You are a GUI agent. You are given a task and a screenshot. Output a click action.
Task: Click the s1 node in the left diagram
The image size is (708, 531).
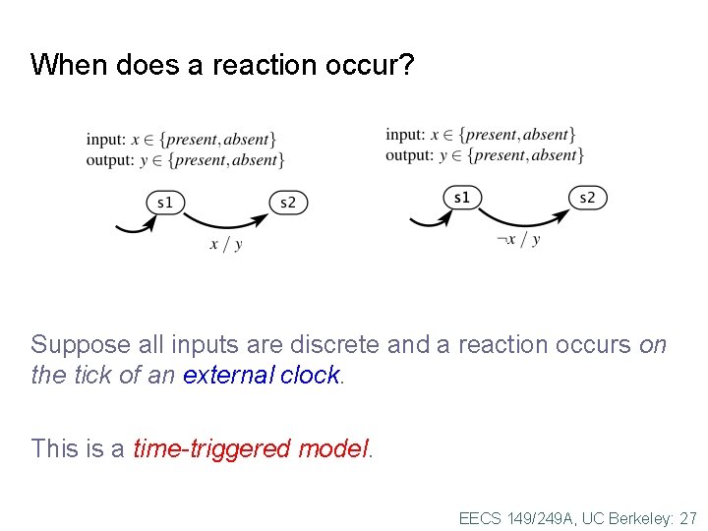165,203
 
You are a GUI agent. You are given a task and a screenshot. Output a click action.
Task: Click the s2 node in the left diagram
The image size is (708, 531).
288,203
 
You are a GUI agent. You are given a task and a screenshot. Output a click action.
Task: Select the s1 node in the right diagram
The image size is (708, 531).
461,198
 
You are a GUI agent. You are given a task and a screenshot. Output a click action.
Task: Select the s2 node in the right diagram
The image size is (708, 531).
587,198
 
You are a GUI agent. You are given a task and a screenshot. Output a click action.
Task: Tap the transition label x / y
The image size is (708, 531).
225,244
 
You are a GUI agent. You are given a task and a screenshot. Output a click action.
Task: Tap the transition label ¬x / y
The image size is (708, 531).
518,239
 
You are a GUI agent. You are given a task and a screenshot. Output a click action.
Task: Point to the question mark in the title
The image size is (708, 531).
408,66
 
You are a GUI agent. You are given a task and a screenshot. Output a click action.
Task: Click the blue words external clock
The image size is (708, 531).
261,376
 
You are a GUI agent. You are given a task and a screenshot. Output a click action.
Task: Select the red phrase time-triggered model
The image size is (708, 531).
252,449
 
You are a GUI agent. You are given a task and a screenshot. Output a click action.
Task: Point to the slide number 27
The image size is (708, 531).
687,517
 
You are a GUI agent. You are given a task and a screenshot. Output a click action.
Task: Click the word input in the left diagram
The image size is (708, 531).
104,140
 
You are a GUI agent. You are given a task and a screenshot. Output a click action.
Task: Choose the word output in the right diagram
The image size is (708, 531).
408,155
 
